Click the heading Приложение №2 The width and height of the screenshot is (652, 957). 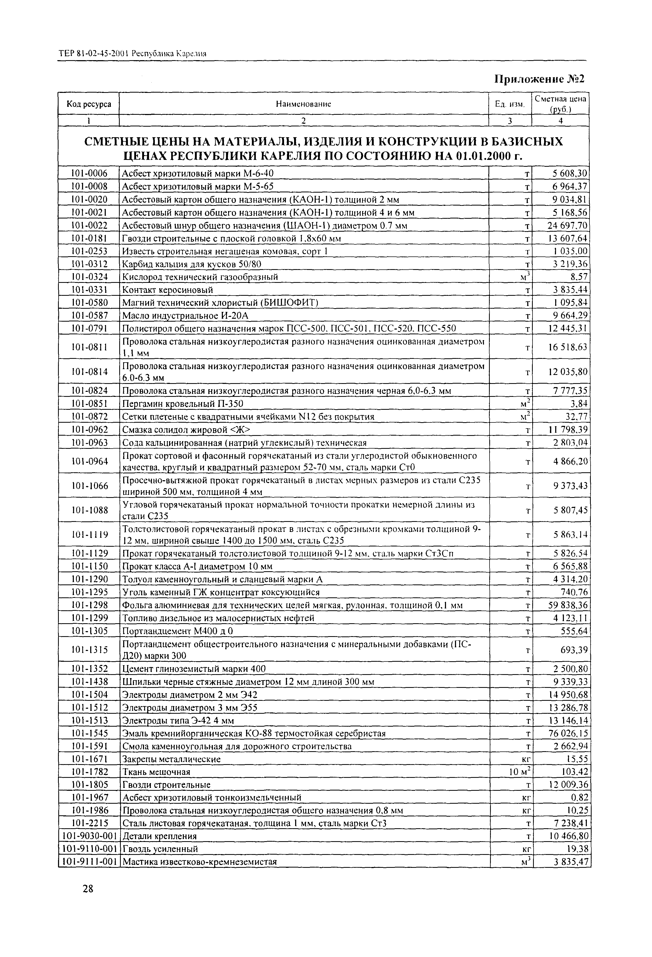tap(539, 79)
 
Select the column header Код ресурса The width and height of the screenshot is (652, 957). tap(89, 104)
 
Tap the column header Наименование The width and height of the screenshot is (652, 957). tap(303, 104)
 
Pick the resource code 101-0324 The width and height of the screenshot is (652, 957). tap(89, 277)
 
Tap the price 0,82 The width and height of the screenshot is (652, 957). tap(579, 798)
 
